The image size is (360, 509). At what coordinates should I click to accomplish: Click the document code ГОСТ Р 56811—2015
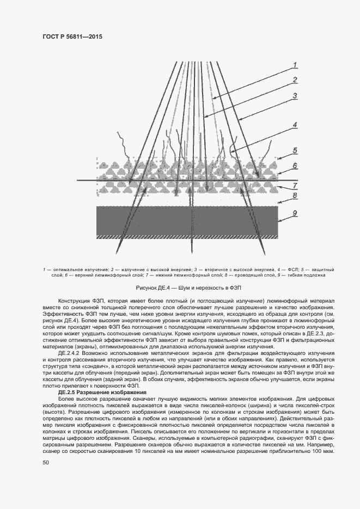click(x=72, y=36)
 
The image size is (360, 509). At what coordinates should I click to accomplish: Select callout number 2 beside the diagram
click(x=294, y=80)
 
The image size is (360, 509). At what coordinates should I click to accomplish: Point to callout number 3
click(x=294, y=96)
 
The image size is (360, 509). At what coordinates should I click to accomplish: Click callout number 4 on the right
click(x=294, y=125)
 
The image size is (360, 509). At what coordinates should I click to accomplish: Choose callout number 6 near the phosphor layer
click(x=294, y=166)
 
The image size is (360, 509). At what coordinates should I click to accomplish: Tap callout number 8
click(x=294, y=195)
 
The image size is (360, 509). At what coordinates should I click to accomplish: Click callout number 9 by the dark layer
click(x=294, y=214)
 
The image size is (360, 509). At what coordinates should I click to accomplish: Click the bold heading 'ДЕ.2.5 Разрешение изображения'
click(x=102, y=392)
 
